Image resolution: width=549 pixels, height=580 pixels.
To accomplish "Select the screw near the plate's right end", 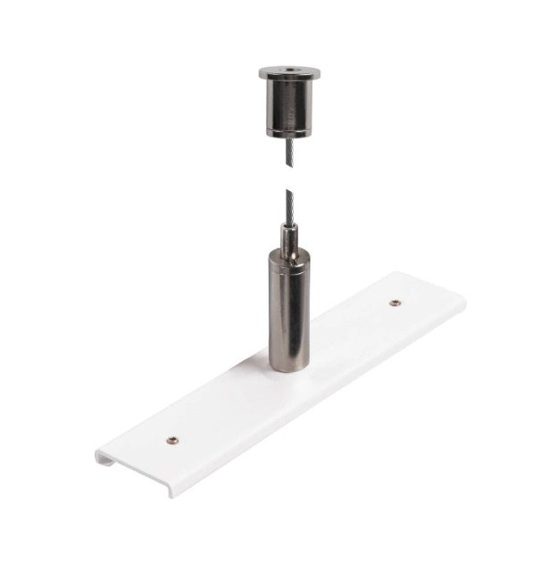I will pyautogui.click(x=394, y=302).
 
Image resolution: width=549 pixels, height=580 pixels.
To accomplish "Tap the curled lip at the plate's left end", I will pyautogui.click(x=102, y=457).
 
